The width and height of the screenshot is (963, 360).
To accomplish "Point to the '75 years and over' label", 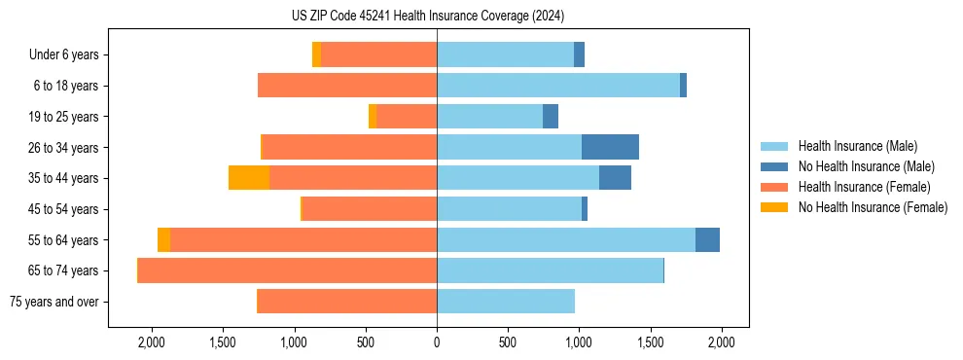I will coord(53,302).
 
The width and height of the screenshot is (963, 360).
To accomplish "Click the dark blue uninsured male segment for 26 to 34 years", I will coord(610,147).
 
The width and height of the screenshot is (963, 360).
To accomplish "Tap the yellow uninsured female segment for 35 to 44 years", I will coord(249,178).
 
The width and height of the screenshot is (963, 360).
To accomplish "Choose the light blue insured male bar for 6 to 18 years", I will coord(558,86).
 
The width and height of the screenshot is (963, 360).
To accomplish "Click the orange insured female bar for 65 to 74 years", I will coord(287,270).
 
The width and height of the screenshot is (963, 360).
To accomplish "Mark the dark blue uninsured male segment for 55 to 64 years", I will coord(707,239).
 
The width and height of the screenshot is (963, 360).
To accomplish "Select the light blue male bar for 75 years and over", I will coord(506,302).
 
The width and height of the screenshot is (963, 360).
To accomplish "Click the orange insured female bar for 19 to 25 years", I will coord(407,117).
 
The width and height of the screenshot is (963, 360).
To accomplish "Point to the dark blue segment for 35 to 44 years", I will coord(615,178).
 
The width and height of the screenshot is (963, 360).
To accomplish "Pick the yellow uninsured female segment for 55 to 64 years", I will coord(163,239).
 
